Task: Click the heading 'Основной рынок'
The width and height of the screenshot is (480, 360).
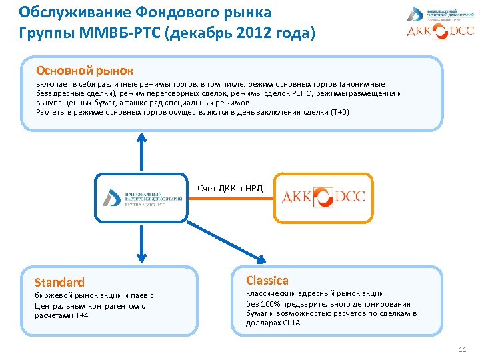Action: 85,70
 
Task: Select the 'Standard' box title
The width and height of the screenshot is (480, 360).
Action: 59,282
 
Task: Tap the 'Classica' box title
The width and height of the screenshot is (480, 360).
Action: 267,280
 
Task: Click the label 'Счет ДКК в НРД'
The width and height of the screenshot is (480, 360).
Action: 230,188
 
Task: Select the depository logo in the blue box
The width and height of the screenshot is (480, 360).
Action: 141,197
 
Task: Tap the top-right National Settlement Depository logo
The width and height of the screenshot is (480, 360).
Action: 440,13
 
